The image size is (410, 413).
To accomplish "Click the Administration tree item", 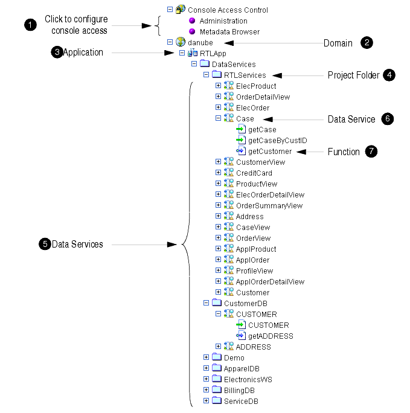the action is click(x=223, y=21).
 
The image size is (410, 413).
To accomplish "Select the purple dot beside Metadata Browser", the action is click(x=192, y=31).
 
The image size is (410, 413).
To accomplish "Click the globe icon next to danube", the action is click(x=181, y=42).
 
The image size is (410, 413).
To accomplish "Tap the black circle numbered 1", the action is click(x=30, y=25).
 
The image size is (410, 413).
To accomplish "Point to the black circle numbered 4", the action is click(x=389, y=75).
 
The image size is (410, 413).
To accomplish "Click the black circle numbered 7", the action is click(x=371, y=151).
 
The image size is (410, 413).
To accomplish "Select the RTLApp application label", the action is click(x=213, y=54).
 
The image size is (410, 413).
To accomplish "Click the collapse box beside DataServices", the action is click(x=194, y=64).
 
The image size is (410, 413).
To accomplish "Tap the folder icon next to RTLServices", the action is click(x=217, y=74).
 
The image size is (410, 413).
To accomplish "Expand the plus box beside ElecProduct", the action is click(x=218, y=86).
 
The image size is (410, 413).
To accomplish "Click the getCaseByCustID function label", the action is click(x=278, y=141).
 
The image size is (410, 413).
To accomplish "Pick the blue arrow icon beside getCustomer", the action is click(x=241, y=151).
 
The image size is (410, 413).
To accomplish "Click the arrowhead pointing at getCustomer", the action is click(x=301, y=152).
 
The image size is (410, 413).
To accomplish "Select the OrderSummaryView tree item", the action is click(x=269, y=206).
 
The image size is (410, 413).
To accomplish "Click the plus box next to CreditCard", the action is click(x=218, y=173).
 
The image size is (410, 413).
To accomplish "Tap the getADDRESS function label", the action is click(x=271, y=336).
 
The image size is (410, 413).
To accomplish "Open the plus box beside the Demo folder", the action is click(x=206, y=357).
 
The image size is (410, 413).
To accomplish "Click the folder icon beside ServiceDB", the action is click(x=217, y=400).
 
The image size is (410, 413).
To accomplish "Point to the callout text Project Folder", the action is click(x=353, y=75).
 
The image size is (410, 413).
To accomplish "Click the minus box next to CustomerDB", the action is click(x=206, y=303).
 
